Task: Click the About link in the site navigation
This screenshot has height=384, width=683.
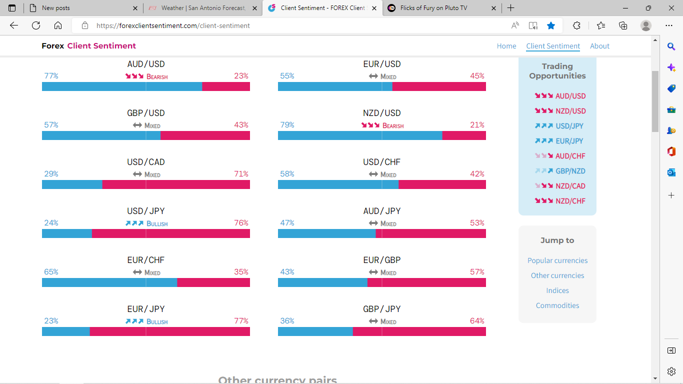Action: [x=599, y=46]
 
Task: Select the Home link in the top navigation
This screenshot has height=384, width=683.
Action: [x=506, y=46]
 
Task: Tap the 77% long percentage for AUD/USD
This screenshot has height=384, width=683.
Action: [x=51, y=76]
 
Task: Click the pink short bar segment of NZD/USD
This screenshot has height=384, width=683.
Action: [x=463, y=135]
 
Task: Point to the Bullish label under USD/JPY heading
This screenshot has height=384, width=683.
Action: [x=156, y=223]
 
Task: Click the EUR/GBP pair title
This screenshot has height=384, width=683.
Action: [x=381, y=260]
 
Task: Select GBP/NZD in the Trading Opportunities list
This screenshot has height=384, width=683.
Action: [x=570, y=171]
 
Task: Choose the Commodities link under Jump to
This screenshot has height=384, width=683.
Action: [x=557, y=305]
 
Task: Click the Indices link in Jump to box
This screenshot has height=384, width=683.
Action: [x=557, y=290]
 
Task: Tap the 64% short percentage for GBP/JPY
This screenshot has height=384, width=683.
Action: [x=477, y=321]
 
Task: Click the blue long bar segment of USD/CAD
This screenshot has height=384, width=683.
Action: [x=72, y=184]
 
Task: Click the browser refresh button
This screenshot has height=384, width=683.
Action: [x=36, y=25]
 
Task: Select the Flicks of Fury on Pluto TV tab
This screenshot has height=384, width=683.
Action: [x=433, y=8]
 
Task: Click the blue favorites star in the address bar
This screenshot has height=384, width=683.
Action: [x=551, y=25]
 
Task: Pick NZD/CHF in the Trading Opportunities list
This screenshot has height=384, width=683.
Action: [x=570, y=201]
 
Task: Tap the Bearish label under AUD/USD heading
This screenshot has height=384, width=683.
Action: [x=156, y=76]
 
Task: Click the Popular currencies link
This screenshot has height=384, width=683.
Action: [x=557, y=260]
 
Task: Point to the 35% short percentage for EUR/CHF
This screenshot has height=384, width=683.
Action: [x=241, y=272]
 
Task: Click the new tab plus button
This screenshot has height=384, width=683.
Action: [x=510, y=8]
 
